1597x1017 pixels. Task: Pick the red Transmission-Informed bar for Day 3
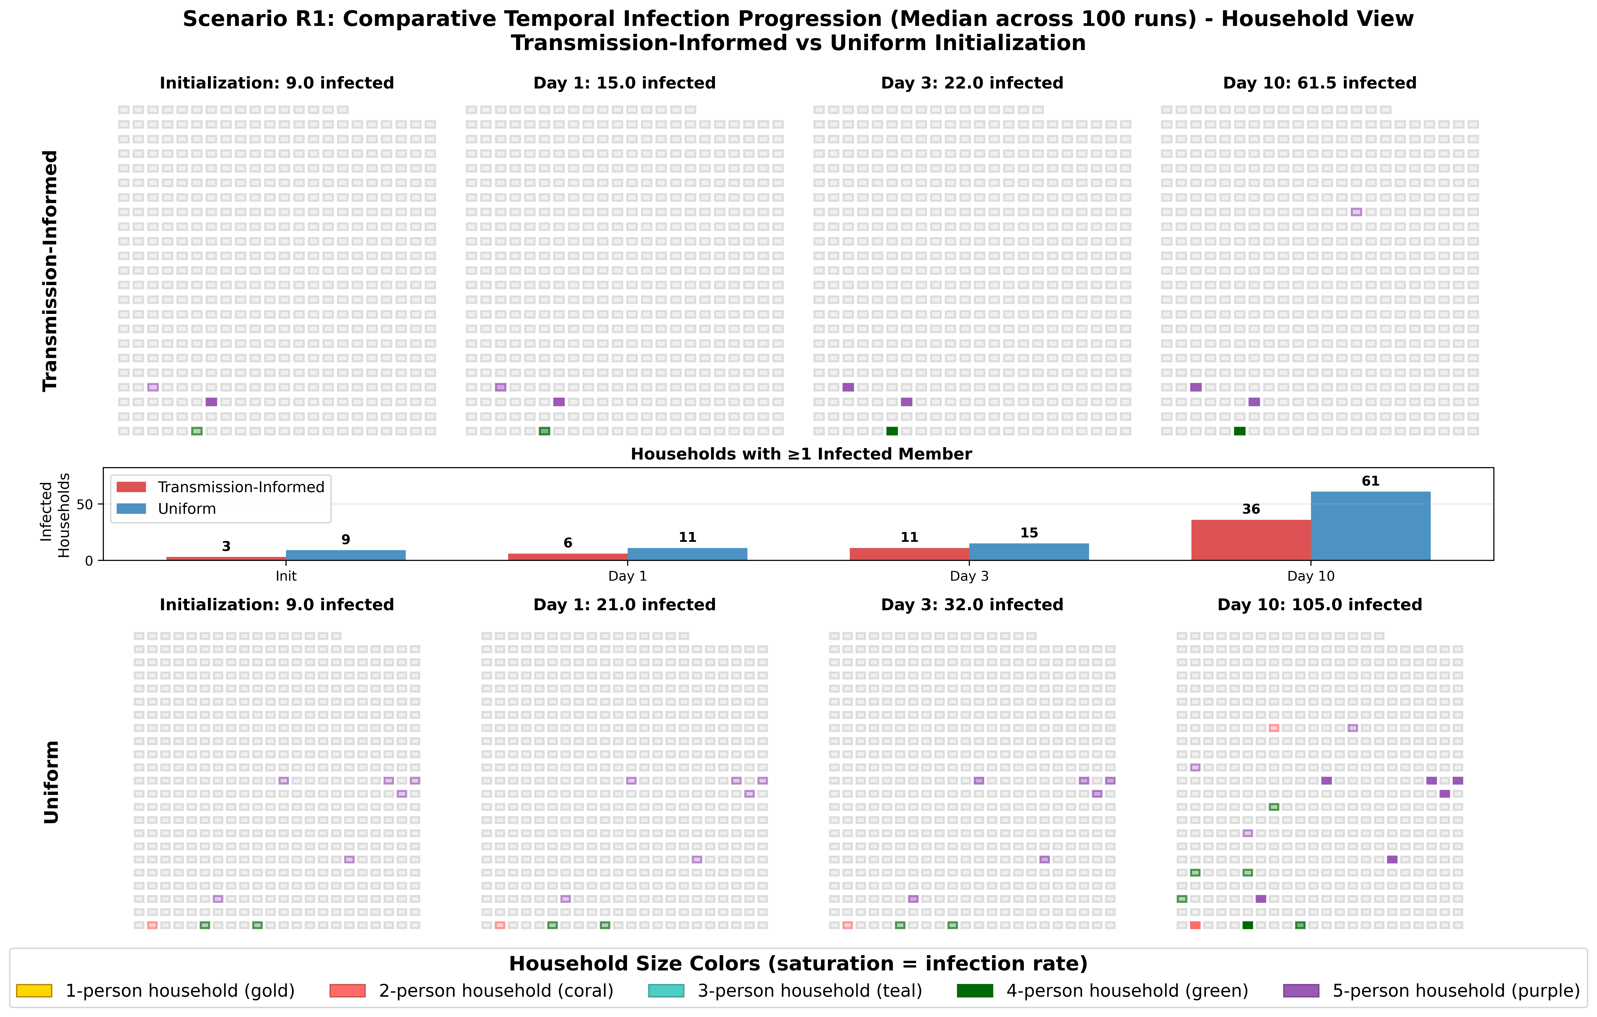point(909,554)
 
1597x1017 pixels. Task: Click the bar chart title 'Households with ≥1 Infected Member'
point(801,454)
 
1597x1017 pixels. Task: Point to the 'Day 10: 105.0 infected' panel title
point(1320,605)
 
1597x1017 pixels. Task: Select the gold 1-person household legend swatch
point(34,991)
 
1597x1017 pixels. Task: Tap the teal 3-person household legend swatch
point(665,991)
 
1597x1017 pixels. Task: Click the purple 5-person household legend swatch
point(1301,991)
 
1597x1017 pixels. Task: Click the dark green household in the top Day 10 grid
point(1240,431)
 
